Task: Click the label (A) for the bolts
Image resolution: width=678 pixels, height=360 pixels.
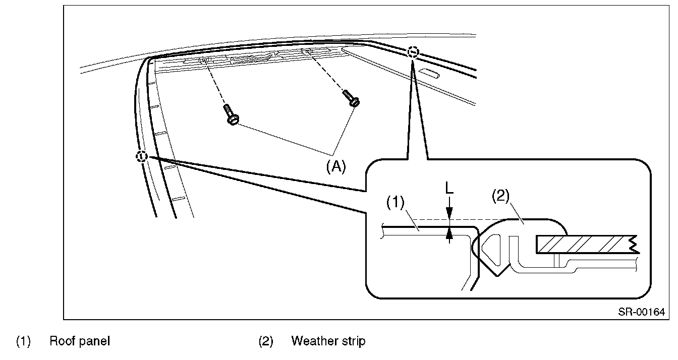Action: (x=335, y=166)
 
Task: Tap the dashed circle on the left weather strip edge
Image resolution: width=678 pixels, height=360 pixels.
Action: (x=141, y=156)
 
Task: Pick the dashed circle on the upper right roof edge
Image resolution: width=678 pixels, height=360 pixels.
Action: (x=413, y=52)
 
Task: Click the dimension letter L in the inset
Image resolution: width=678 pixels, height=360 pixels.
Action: (x=449, y=188)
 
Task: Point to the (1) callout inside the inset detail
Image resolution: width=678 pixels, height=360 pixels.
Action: (x=395, y=202)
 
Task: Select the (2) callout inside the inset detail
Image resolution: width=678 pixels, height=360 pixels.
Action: (x=500, y=196)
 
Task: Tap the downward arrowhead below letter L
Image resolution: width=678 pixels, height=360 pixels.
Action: (x=449, y=213)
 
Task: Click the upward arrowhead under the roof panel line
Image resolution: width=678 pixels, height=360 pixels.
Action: (x=449, y=233)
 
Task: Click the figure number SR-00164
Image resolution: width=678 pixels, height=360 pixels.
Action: (x=641, y=312)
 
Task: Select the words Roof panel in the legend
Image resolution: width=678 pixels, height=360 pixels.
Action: (x=80, y=341)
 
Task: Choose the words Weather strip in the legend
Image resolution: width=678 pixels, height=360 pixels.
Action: (x=328, y=341)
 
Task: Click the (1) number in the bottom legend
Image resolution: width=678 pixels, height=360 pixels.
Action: (x=23, y=341)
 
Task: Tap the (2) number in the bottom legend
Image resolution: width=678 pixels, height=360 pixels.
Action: (x=265, y=341)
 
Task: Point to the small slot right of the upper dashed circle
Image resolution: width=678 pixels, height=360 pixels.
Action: (x=429, y=74)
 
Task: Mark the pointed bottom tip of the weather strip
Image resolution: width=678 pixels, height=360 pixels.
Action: (x=497, y=276)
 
